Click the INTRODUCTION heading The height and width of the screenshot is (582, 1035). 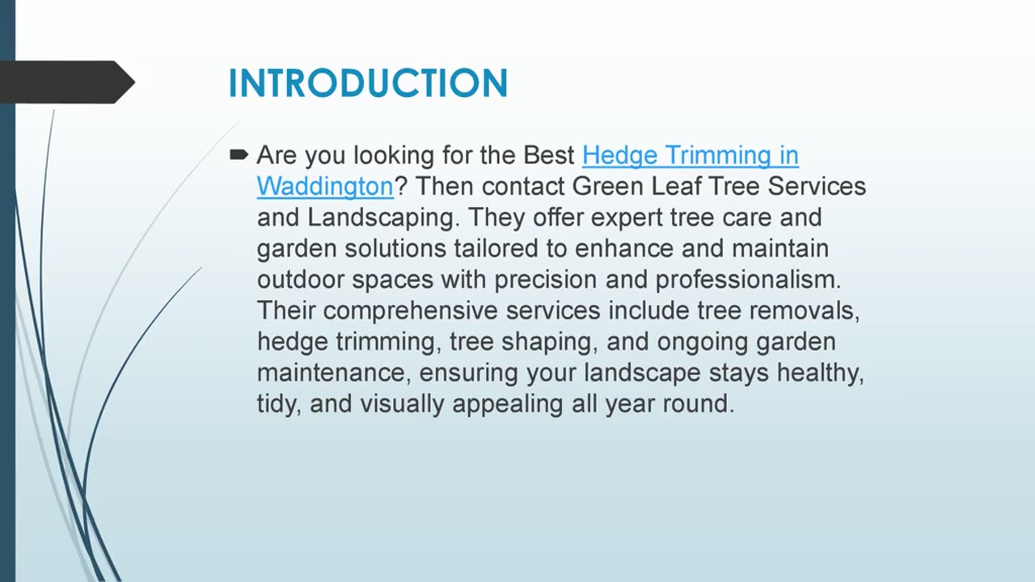click(368, 83)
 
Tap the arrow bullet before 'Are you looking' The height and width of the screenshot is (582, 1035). click(239, 154)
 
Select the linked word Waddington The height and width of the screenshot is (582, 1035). click(325, 187)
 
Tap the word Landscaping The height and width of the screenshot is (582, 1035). click(383, 218)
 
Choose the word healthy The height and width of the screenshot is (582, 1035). click(820, 373)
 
